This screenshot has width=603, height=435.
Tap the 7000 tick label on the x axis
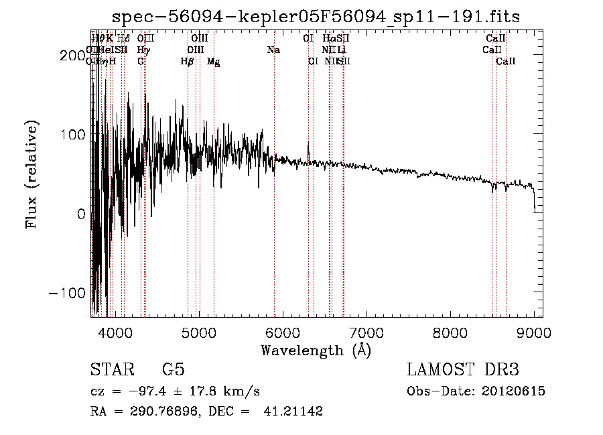tap(366, 332)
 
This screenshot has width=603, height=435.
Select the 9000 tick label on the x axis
tap(534, 332)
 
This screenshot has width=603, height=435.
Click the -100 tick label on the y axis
tap(66, 293)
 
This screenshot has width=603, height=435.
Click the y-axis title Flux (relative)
tap(32, 174)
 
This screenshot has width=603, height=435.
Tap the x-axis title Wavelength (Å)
tap(316, 350)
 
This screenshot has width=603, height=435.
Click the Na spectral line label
tap(273, 50)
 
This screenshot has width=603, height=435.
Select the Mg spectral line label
tap(213, 62)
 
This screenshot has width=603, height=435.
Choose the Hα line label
tap(328, 39)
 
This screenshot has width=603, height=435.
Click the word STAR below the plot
tap(110, 370)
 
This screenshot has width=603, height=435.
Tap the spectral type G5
tap(174, 370)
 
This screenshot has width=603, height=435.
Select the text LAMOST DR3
tap(463, 370)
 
